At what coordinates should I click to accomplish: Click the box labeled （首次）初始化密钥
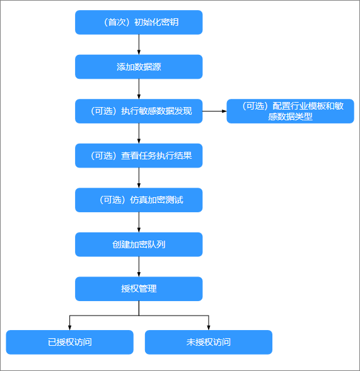pyautogui.click(x=139, y=22)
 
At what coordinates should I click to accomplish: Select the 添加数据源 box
pyautogui.click(x=139, y=67)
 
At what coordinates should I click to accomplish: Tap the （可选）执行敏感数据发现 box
pyautogui.click(x=139, y=111)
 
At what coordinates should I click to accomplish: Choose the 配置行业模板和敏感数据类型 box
pyautogui.click(x=291, y=111)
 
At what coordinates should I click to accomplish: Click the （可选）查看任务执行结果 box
pyautogui.click(x=139, y=156)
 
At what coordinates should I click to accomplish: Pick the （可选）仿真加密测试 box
pyautogui.click(x=139, y=200)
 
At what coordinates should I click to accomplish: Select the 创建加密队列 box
pyautogui.click(x=139, y=244)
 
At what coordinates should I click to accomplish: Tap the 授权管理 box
pyautogui.click(x=139, y=288)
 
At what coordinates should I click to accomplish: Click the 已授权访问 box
pyautogui.click(x=69, y=342)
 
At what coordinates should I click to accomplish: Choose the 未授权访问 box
pyautogui.click(x=209, y=342)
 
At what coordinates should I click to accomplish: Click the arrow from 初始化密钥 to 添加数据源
pyautogui.click(x=139, y=45)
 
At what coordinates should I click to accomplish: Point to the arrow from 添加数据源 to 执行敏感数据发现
pyautogui.click(x=139, y=89)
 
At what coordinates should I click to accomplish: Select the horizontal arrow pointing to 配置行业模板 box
pyautogui.click(x=214, y=111)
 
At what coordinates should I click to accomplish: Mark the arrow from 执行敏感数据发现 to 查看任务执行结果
pyautogui.click(x=139, y=133)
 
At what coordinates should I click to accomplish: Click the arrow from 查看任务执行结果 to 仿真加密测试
pyautogui.click(x=139, y=178)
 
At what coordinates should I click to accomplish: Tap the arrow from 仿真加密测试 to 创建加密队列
pyautogui.click(x=139, y=222)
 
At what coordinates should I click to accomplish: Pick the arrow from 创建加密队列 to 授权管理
pyautogui.click(x=139, y=266)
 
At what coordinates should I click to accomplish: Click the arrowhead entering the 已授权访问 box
pyautogui.click(x=69, y=328)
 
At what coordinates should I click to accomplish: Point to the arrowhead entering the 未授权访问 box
pyautogui.click(x=209, y=328)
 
